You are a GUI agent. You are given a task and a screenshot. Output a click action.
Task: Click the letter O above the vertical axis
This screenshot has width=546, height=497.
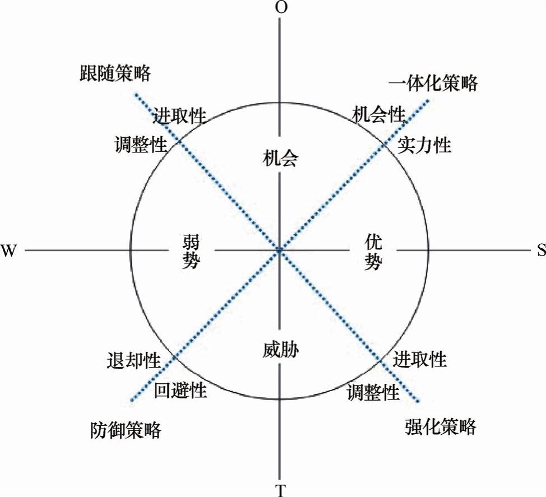280,7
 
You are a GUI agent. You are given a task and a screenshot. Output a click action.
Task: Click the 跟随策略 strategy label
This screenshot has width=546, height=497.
115,73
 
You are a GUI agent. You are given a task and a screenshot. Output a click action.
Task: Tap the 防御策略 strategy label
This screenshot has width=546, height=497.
126,430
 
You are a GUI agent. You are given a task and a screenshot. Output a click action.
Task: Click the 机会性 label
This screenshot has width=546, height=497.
378,115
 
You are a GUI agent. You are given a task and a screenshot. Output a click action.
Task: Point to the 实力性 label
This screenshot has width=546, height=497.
424,146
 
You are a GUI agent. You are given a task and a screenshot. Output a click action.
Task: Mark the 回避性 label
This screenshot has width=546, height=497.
181,390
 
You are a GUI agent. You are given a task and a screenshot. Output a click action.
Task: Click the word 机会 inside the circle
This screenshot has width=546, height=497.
280,159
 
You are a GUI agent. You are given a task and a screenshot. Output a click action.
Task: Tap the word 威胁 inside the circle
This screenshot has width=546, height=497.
280,351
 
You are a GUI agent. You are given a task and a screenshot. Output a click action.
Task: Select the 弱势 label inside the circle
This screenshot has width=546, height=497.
191,252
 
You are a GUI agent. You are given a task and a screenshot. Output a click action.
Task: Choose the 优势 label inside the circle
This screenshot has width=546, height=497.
373,252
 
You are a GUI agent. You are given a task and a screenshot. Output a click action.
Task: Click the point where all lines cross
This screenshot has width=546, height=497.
280,250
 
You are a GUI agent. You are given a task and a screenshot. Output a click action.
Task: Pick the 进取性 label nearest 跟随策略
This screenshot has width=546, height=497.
180,117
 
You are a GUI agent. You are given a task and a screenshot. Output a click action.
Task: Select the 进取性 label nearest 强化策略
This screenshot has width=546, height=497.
419,359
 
